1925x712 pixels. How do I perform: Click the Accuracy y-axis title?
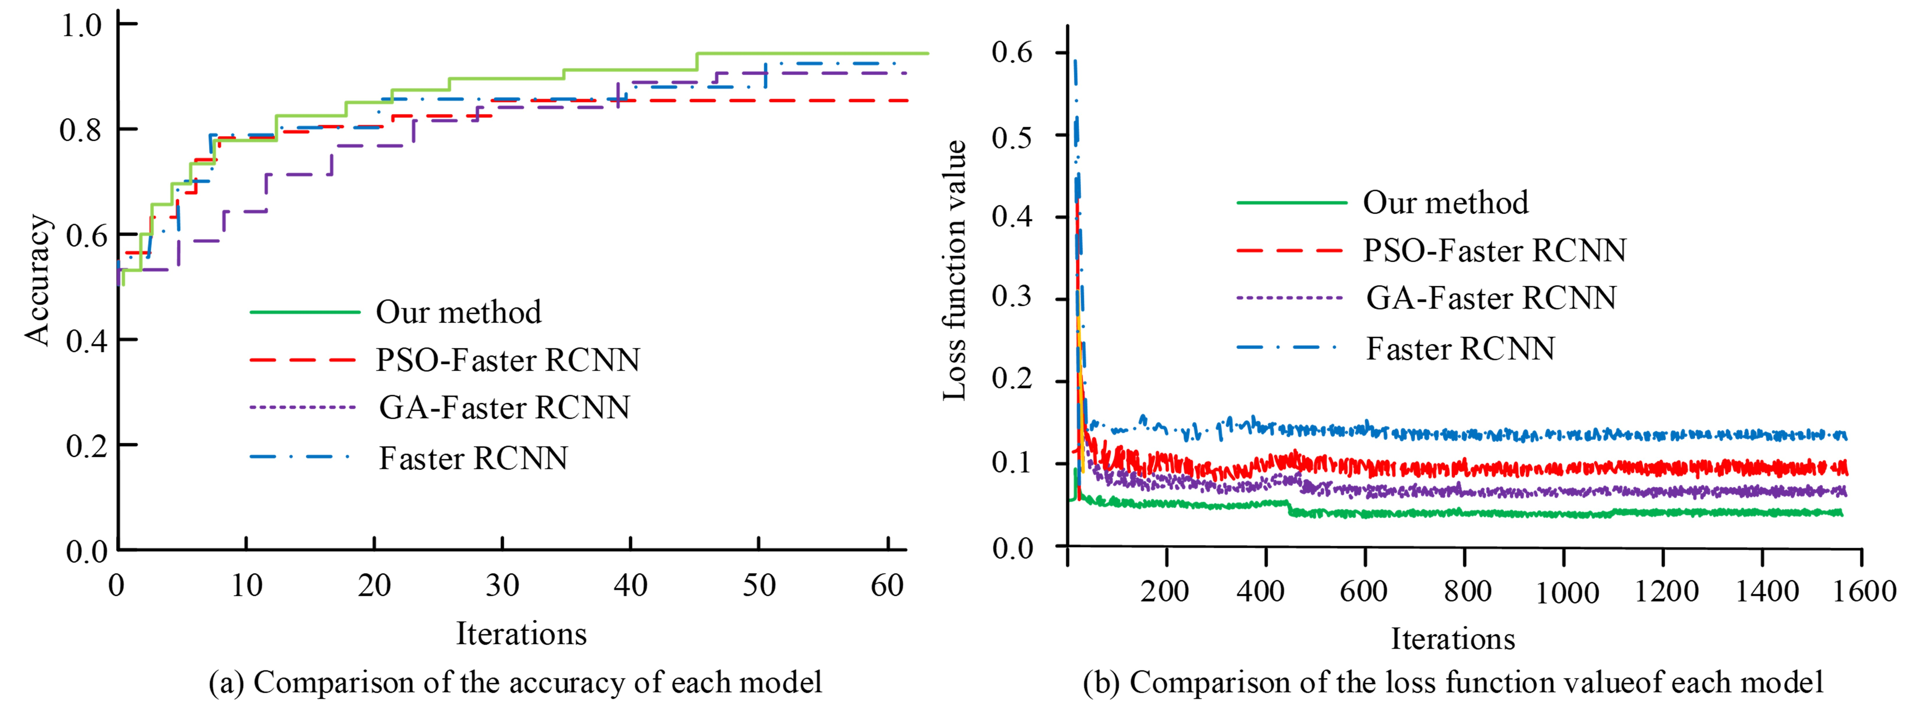[x=37, y=280]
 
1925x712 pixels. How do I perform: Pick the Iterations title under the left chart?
[x=522, y=634]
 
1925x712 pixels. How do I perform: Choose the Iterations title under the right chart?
[x=1453, y=639]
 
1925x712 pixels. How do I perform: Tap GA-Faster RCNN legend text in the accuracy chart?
[x=504, y=408]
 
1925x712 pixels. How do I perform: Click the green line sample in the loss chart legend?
[x=1291, y=202]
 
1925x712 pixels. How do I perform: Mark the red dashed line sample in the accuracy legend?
[x=303, y=360]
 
